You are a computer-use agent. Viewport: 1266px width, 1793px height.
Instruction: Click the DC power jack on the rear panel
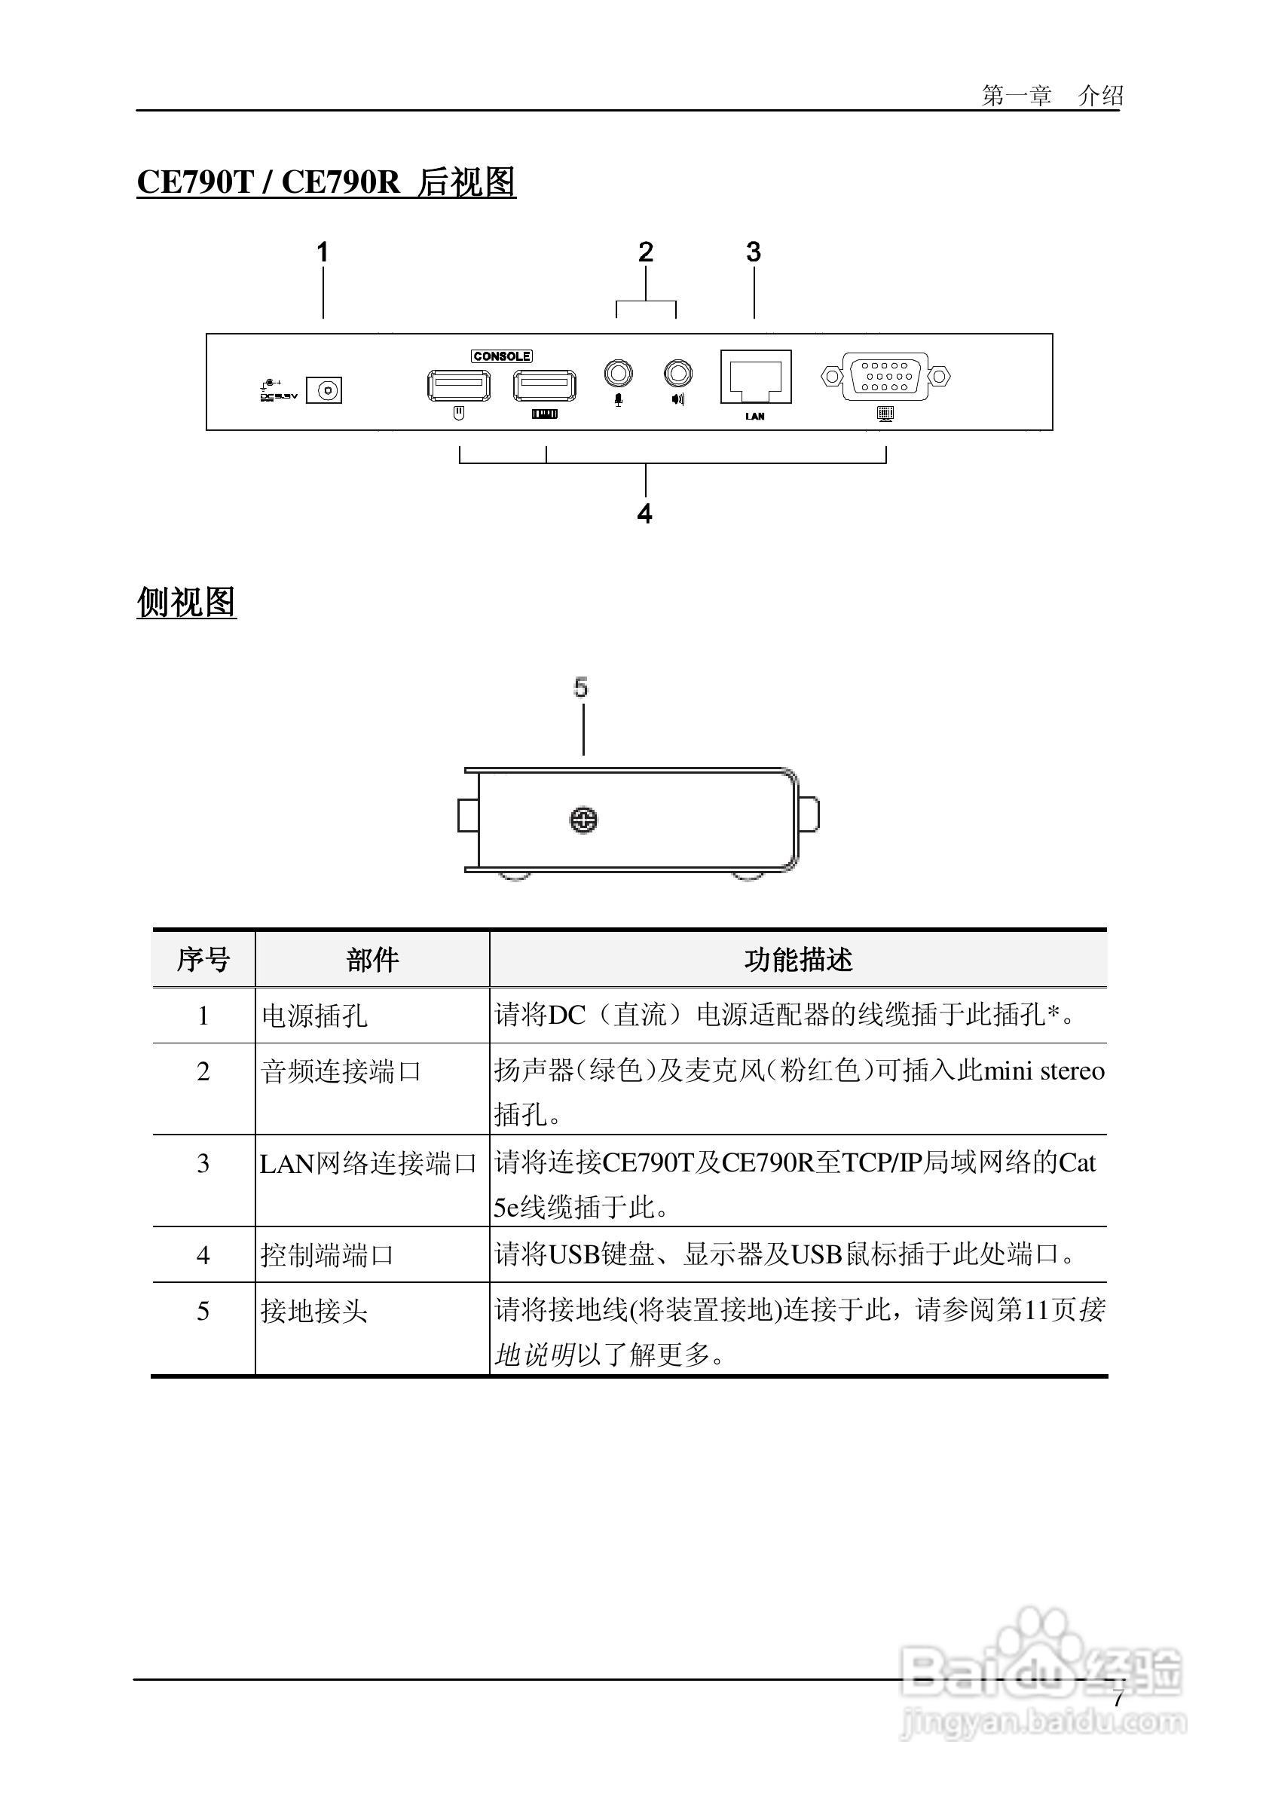point(323,389)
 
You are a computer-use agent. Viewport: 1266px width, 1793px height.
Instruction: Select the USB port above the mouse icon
point(459,385)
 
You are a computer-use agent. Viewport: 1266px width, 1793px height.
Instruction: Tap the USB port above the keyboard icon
point(544,385)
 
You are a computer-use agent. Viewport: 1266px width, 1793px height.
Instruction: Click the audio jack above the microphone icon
point(618,373)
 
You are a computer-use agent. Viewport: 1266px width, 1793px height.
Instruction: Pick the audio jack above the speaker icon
point(677,373)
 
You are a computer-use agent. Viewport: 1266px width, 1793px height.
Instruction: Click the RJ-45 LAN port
point(755,377)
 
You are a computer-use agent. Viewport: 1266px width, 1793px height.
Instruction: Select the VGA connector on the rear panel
point(885,377)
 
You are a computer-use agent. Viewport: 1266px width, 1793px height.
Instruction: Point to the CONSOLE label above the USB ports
point(502,356)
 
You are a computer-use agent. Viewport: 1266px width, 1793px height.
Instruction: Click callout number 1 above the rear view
point(323,252)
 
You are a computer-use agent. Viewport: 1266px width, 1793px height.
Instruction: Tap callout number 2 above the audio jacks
point(645,252)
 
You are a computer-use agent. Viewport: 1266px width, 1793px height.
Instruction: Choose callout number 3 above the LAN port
point(753,252)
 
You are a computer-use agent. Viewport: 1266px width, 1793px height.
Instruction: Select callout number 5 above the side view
point(581,687)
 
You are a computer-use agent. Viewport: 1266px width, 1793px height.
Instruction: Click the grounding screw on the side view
point(584,820)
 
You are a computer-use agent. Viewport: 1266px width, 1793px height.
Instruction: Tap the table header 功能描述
point(797,960)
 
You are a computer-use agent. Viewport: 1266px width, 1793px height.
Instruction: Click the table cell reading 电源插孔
point(314,1016)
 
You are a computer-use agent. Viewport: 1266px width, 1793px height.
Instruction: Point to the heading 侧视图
point(187,602)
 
